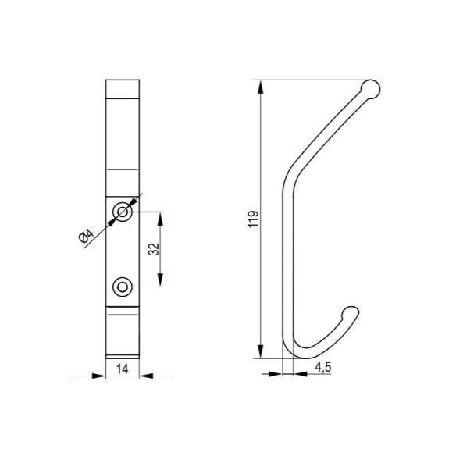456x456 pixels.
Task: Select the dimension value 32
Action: tap(154, 249)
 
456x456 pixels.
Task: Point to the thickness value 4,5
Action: tap(322, 365)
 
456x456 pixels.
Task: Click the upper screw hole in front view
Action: tap(122, 211)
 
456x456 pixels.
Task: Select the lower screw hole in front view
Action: tap(122, 287)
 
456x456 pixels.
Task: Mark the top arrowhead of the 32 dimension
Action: tap(162, 216)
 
